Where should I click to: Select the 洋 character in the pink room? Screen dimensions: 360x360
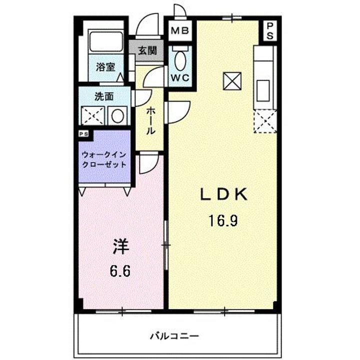[x=121, y=246]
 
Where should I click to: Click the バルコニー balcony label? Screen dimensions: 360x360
[x=174, y=335]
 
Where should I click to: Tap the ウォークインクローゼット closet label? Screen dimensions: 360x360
[x=104, y=159]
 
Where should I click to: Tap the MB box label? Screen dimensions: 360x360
[x=179, y=31]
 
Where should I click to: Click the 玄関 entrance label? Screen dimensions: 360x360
[x=147, y=50]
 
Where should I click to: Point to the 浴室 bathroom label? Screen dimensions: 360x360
[x=105, y=67]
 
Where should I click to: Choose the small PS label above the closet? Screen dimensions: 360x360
[x=83, y=134]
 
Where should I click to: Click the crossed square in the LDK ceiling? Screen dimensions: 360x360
[x=232, y=81]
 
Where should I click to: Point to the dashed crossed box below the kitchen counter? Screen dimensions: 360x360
[x=264, y=121]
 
